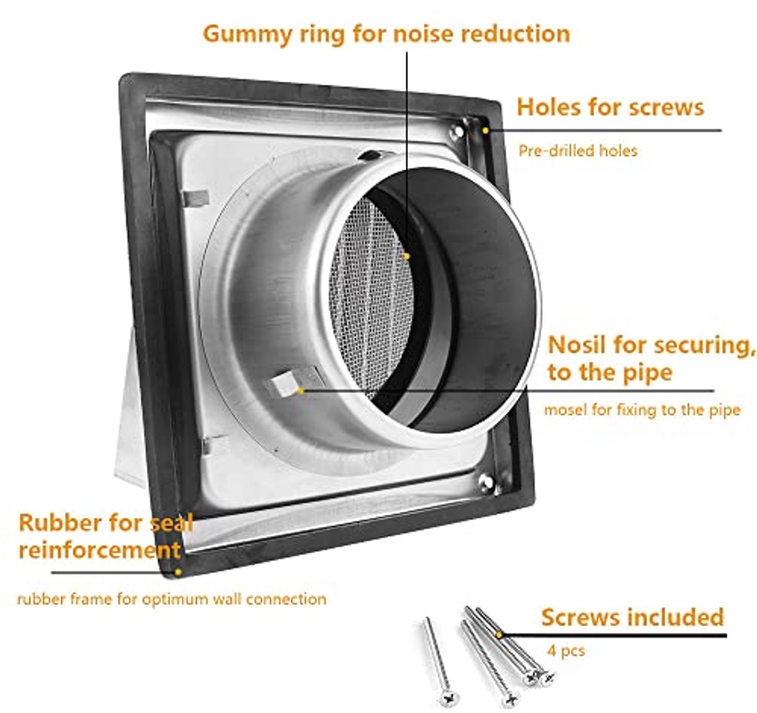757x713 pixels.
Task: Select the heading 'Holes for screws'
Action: [x=610, y=107]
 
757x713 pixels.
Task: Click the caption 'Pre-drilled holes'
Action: [x=578, y=151]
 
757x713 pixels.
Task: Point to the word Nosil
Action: [x=577, y=345]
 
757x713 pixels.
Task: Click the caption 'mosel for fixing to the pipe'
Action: [x=642, y=410]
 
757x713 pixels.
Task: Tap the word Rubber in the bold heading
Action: [x=60, y=522]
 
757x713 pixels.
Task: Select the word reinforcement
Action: [x=100, y=550]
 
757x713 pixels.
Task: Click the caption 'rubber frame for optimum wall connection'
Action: [x=172, y=599]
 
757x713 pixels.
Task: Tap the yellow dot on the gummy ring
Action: [x=407, y=256]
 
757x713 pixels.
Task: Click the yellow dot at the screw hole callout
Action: [x=485, y=131]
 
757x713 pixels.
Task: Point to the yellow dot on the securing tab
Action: [x=301, y=391]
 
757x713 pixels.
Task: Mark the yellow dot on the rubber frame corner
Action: [x=178, y=572]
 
